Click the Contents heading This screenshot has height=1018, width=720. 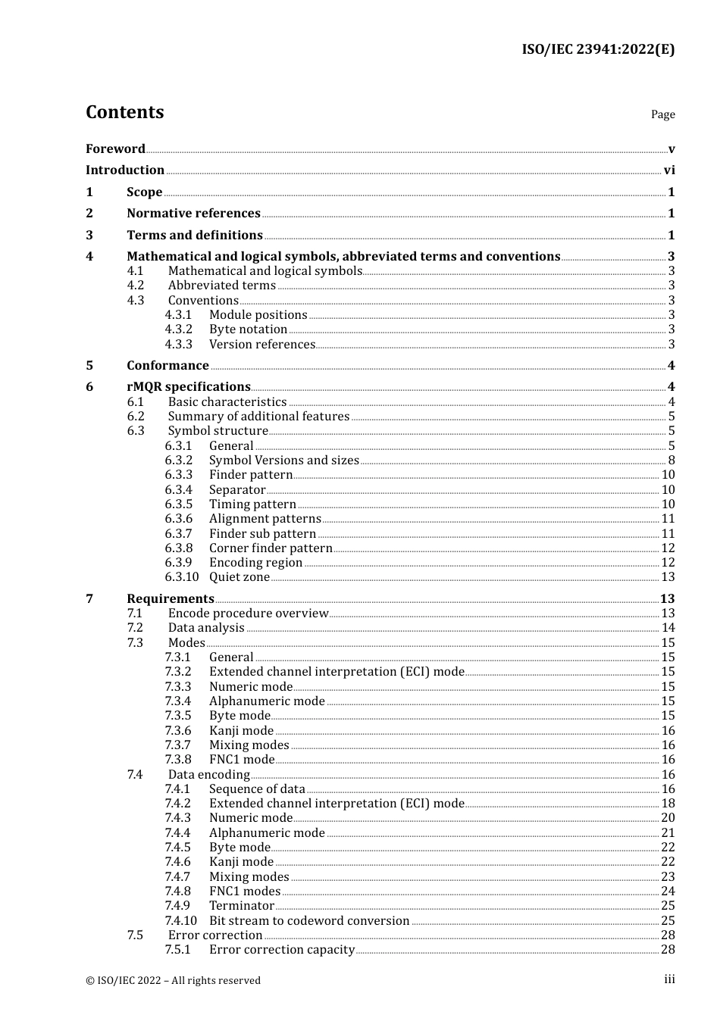(124, 112)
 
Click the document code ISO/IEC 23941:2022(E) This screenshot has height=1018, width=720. (597, 50)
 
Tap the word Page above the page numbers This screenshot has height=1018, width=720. (662, 114)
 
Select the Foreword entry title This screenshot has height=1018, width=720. (115, 149)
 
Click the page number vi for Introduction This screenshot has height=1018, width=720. (669, 170)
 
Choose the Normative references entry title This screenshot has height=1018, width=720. (193, 214)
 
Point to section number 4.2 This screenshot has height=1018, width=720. (136, 286)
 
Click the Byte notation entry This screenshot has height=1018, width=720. (248, 329)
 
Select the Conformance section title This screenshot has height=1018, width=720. (167, 366)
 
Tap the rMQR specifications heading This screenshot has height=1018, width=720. (188, 387)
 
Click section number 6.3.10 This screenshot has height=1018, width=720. (182, 577)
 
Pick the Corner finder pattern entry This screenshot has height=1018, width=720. (271, 548)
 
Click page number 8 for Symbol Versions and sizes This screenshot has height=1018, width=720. (671, 461)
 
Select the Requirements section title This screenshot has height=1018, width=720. (171, 599)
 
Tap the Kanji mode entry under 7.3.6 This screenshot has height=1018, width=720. (241, 731)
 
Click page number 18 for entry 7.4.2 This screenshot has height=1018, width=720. (668, 804)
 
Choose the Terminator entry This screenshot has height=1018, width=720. (242, 906)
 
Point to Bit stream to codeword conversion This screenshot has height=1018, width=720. (309, 921)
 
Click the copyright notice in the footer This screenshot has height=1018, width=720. (173, 980)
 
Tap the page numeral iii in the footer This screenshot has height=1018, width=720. (669, 979)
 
